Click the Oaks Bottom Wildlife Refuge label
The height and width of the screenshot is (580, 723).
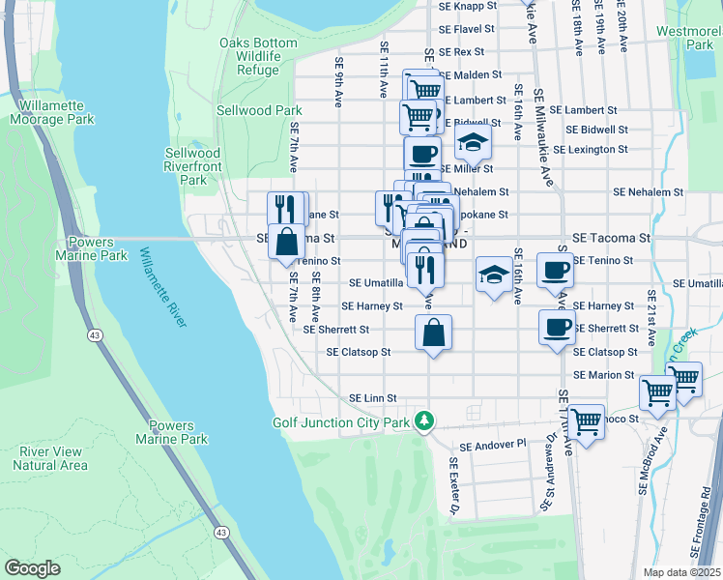tap(249, 56)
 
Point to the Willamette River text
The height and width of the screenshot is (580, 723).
tap(163, 287)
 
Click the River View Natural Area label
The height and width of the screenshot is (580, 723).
tap(50, 458)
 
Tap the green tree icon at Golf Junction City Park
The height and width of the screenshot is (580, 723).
tap(422, 420)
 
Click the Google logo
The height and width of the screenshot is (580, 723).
tap(32, 568)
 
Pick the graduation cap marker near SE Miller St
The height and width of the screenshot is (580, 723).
tap(472, 142)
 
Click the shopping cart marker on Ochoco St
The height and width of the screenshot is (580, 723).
tap(586, 421)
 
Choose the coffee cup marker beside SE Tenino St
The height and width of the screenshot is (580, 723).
tap(555, 271)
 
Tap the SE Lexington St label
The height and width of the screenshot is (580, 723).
tap(596, 150)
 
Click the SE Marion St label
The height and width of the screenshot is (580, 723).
tap(603, 375)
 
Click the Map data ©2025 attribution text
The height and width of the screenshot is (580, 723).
tap(681, 572)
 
